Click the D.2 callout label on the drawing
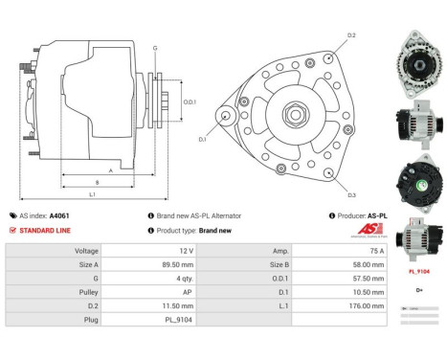pyautogui.click(x=352, y=35)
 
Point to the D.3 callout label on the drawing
pyautogui.click(x=352, y=194)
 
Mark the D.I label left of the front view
pyautogui.click(x=202, y=140)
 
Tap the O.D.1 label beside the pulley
pyautogui.click(x=190, y=102)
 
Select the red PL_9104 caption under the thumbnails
pyautogui.click(x=417, y=272)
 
